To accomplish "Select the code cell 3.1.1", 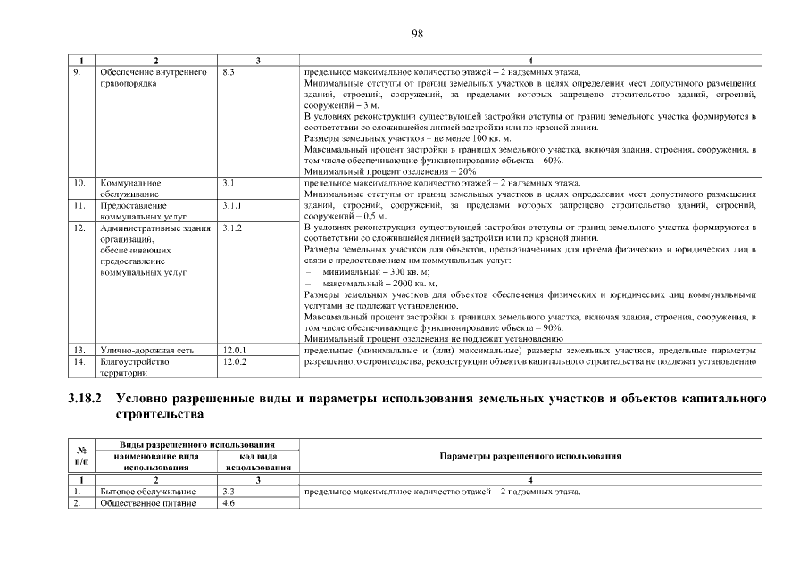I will (232, 204).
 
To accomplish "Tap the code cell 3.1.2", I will (232, 228).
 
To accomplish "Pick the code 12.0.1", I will (234, 351).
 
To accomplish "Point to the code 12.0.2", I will (234, 362).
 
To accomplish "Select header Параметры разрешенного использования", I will (530, 456).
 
